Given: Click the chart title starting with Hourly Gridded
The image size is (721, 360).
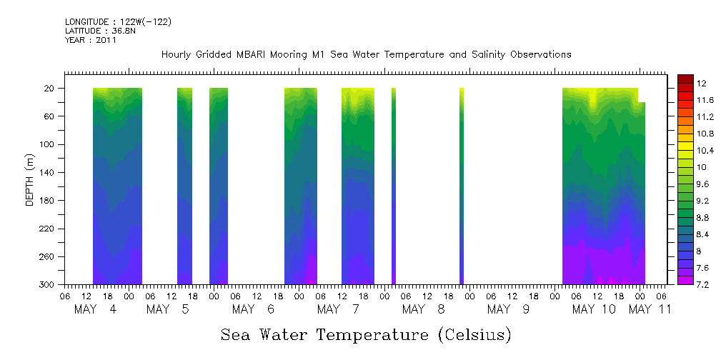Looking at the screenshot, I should click(366, 54).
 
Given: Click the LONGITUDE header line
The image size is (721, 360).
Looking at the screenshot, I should click(118, 22).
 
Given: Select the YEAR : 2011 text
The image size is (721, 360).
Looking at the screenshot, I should click(90, 40).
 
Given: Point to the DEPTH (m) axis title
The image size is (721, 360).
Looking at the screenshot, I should click(29, 179).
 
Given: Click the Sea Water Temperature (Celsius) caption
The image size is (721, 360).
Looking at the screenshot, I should click(366, 334).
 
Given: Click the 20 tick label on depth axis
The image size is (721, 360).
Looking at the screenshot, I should click(50, 88).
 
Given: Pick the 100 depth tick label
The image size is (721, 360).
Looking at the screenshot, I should click(47, 144).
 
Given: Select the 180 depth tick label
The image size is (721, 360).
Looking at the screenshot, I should click(47, 201).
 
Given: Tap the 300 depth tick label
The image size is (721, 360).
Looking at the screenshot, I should click(47, 285).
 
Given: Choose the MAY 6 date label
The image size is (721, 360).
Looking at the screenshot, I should click(254, 309).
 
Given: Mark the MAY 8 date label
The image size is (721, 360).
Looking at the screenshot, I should click(424, 309).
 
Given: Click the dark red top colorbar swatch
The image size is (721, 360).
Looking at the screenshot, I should click(685, 78).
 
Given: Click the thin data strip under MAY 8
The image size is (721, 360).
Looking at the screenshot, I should click(462, 186).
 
